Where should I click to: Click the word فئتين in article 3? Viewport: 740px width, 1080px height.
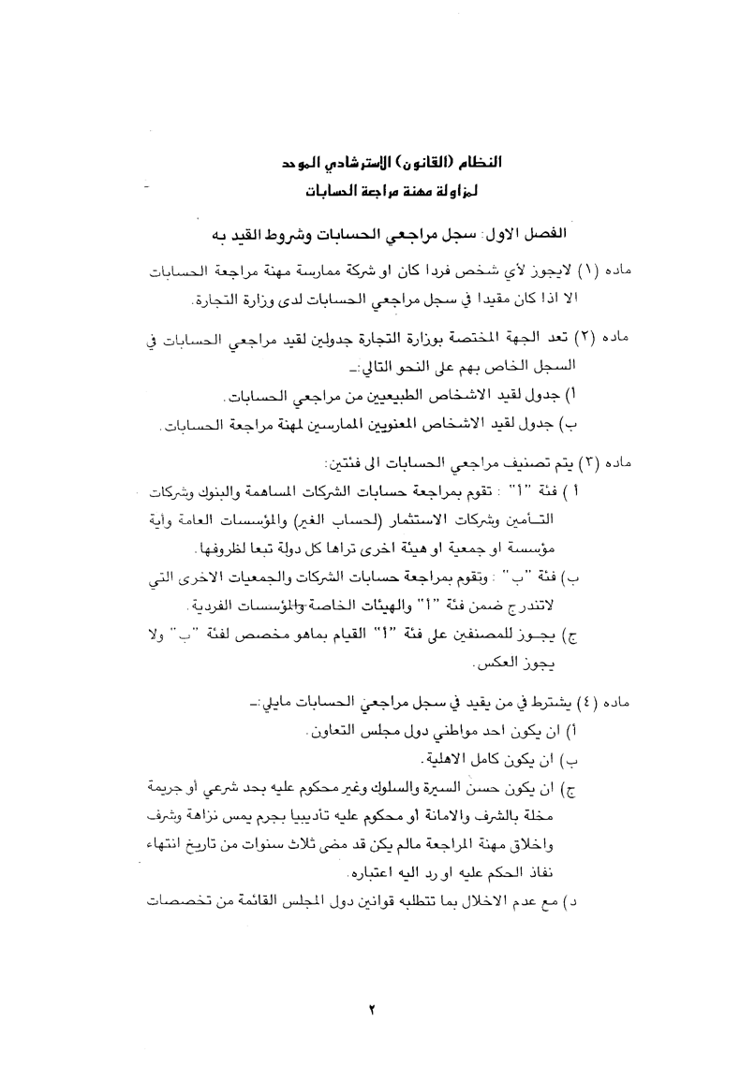346,462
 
